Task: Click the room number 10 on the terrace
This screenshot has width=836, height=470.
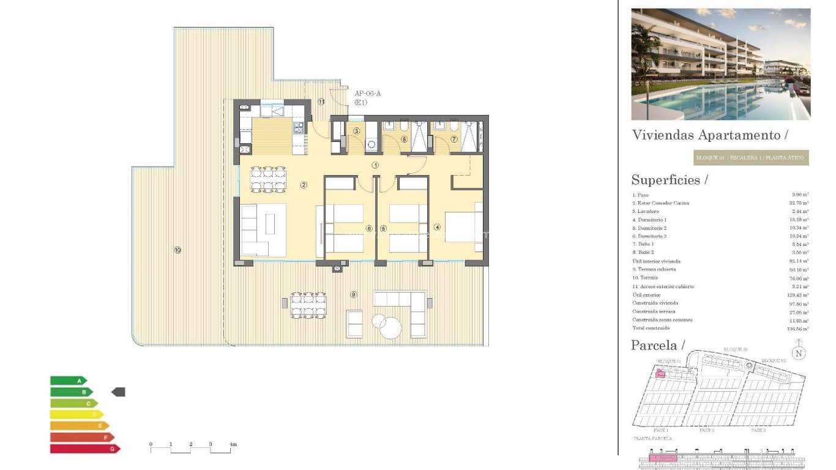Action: point(177,250)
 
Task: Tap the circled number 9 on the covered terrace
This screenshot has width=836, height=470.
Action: point(353,294)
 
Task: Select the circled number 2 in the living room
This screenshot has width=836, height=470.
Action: point(303,185)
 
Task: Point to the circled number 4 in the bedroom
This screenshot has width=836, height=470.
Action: point(437,227)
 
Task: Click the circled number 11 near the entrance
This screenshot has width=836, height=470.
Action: point(321,101)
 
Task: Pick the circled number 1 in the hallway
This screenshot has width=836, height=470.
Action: point(375,165)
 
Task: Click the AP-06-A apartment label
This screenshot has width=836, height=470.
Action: point(367,94)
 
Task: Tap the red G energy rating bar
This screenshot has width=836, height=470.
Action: point(85,449)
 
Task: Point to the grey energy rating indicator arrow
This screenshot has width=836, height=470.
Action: point(118,392)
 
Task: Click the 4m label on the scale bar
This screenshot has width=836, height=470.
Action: point(233,444)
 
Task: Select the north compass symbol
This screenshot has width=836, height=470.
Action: point(798,352)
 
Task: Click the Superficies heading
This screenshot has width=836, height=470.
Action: point(669,180)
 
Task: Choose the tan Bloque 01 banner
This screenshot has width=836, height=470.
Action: point(751,158)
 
